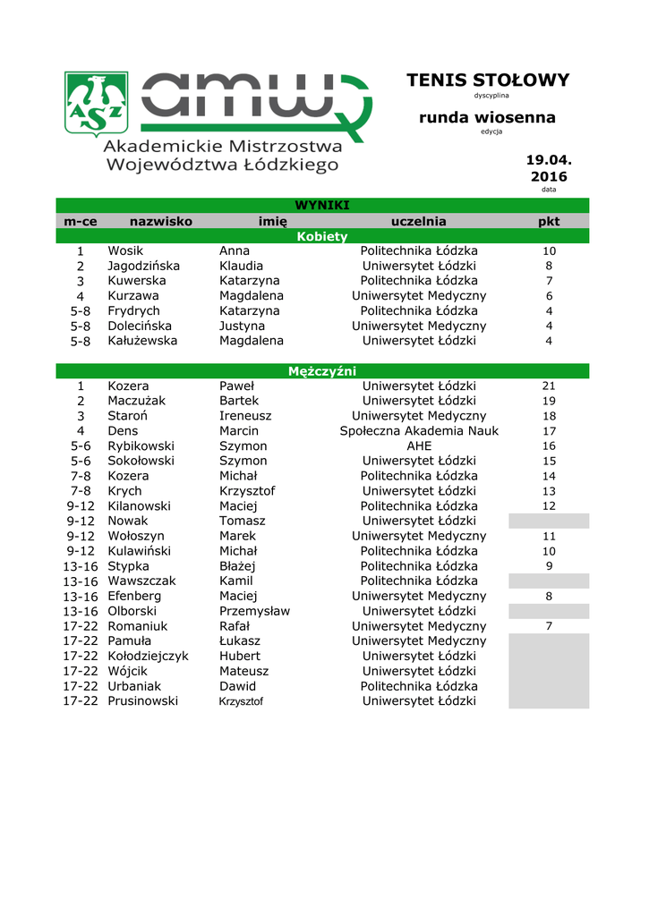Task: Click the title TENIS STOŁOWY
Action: click(487, 81)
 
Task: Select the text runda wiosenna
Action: click(487, 117)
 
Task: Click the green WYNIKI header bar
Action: click(322, 206)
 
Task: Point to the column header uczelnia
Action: click(418, 221)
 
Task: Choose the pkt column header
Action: click(549, 221)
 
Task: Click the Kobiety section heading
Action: click(322, 236)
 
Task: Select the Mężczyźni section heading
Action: click(322, 371)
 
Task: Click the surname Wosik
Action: click(125, 251)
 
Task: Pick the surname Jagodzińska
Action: click(143, 267)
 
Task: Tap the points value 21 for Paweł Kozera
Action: click(549, 386)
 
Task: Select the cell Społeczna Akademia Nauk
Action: click(419, 431)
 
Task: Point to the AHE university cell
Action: click(419, 446)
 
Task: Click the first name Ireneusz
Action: click(245, 417)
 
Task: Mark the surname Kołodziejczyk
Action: click(148, 656)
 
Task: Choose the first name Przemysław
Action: click(254, 611)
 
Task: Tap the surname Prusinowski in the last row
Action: click(142, 701)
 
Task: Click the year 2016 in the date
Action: click(549, 177)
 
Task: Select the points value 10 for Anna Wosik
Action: click(549, 251)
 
